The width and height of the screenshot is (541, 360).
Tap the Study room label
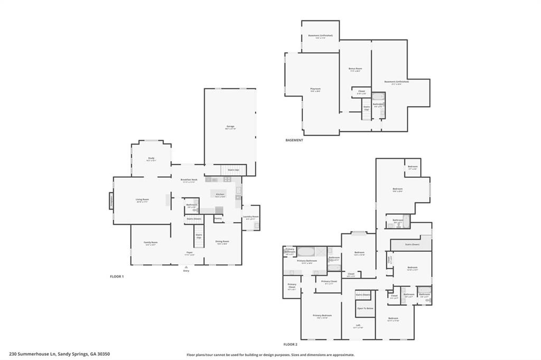(151, 159)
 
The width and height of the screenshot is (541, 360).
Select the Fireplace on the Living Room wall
(111, 201)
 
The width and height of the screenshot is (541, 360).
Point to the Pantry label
(218, 218)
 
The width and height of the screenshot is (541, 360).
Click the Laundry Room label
(250, 217)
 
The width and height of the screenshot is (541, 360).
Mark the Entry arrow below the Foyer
(186, 268)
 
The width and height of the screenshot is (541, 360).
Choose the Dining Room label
(222, 241)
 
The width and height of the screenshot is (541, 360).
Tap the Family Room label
(151, 242)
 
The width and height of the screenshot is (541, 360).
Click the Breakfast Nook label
(189, 180)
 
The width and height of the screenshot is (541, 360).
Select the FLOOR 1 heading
(116, 277)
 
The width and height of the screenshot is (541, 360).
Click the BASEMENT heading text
(294, 140)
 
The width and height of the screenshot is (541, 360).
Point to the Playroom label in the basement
(315, 89)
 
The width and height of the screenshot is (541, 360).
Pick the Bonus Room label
(355, 69)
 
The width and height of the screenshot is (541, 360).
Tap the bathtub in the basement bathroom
(379, 97)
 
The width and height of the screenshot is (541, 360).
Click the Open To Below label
(365, 308)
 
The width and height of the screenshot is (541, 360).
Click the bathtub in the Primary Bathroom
(305, 251)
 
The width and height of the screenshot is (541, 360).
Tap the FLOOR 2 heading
(291, 344)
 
